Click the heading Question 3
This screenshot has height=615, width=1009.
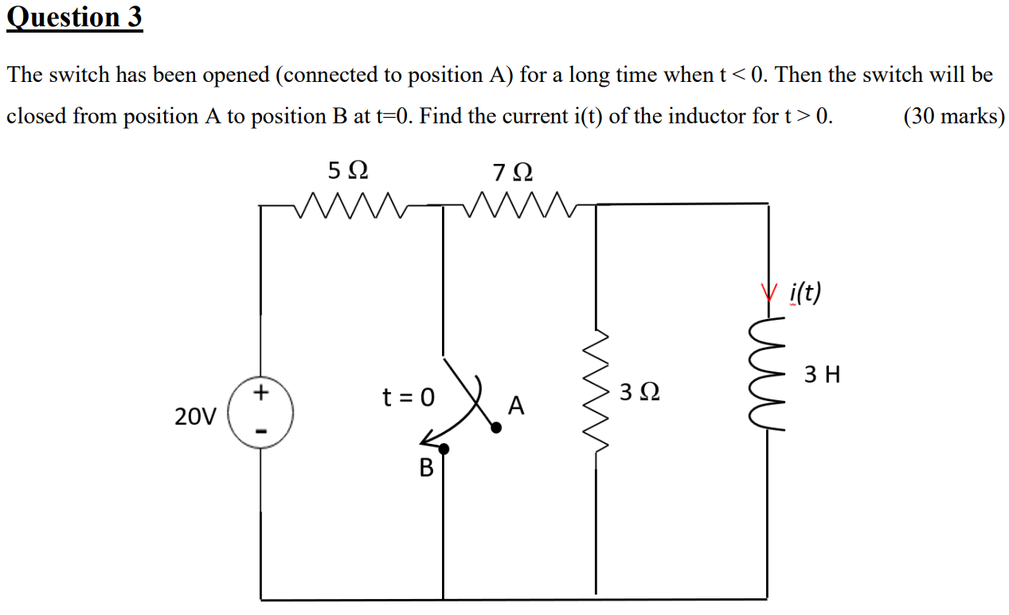point(74,18)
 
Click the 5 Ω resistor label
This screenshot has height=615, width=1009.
point(348,170)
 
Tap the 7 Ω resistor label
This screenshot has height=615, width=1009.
point(513,172)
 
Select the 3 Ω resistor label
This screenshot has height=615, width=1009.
point(640,392)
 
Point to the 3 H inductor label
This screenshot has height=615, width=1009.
point(823,374)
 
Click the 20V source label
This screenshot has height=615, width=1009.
point(195,415)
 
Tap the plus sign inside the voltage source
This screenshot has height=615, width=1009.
point(260,394)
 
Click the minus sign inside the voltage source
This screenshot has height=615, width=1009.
point(260,432)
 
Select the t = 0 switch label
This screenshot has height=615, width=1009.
point(409,396)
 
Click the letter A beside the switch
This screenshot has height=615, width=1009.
point(516,407)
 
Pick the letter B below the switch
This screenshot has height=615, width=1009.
point(427,468)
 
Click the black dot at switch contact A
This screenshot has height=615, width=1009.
point(496,428)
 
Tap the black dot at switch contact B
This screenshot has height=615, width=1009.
point(444,450)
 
